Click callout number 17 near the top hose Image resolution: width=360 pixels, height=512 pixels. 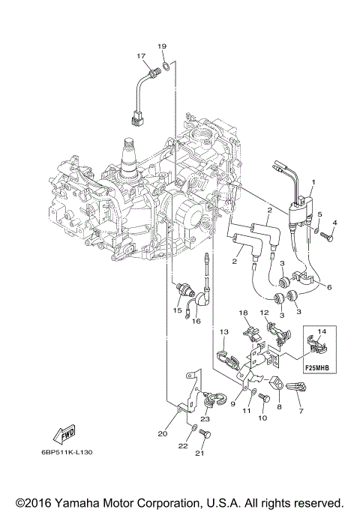(x=140, y=56)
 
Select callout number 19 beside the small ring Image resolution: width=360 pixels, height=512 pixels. (x=161, y=47)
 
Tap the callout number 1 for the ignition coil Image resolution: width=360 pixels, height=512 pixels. (x=314, y=183)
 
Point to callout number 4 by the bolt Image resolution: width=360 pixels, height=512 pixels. (x=334, y=222)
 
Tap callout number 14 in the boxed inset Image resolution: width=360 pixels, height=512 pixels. (x=322, y=331)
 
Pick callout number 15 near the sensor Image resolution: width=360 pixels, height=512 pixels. (x=177, y=310)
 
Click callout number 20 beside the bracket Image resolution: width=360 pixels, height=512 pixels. (x=163, y=433)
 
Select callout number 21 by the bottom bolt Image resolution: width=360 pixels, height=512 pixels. (x=199, y=453)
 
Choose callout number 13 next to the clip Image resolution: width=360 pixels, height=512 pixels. (x=223, y=331)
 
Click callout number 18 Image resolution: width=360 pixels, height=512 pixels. (x=243, y=312)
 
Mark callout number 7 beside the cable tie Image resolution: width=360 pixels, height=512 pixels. (x=301, y=411)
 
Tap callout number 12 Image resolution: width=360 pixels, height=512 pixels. (x=264, y=312)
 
